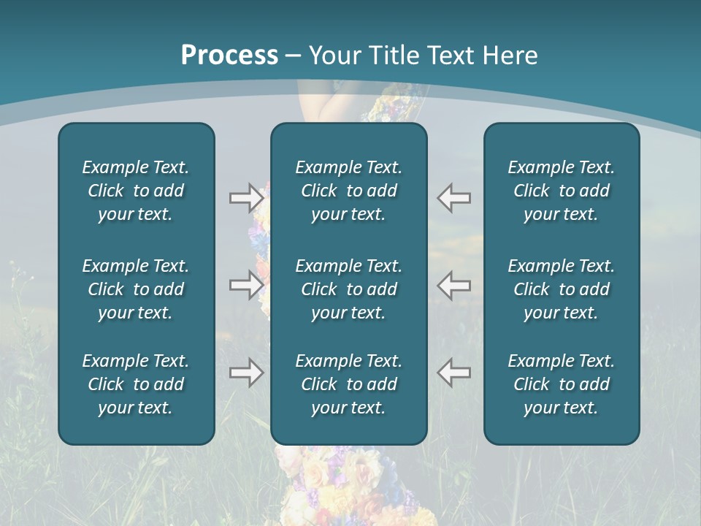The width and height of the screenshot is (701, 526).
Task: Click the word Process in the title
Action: point(229,56)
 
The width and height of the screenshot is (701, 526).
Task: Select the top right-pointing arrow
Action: point(246,198)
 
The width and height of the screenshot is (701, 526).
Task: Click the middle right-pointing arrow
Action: point(246,285)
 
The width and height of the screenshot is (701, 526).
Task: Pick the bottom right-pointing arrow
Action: point(246,373)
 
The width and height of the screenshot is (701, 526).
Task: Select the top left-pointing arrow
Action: point(454,198)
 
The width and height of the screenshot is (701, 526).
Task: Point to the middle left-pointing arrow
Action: point(454,285)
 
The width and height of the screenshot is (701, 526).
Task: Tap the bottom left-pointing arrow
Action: point(454,373)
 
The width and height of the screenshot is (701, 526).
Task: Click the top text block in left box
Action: point(136,191)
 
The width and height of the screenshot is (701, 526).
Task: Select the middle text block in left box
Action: point(136,289)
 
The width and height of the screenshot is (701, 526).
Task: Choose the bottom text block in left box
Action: point(136,384)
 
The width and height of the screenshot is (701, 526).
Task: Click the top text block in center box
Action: point(348,191)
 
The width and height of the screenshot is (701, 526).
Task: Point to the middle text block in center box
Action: point(348,289)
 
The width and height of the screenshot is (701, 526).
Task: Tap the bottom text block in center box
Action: point(348,384)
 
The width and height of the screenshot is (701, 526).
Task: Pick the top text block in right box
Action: point(561,191)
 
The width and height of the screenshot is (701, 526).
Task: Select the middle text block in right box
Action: point(561,289)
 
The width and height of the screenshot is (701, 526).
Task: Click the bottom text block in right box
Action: point(561,384)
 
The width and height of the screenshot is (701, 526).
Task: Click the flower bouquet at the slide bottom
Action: point(350,486)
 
